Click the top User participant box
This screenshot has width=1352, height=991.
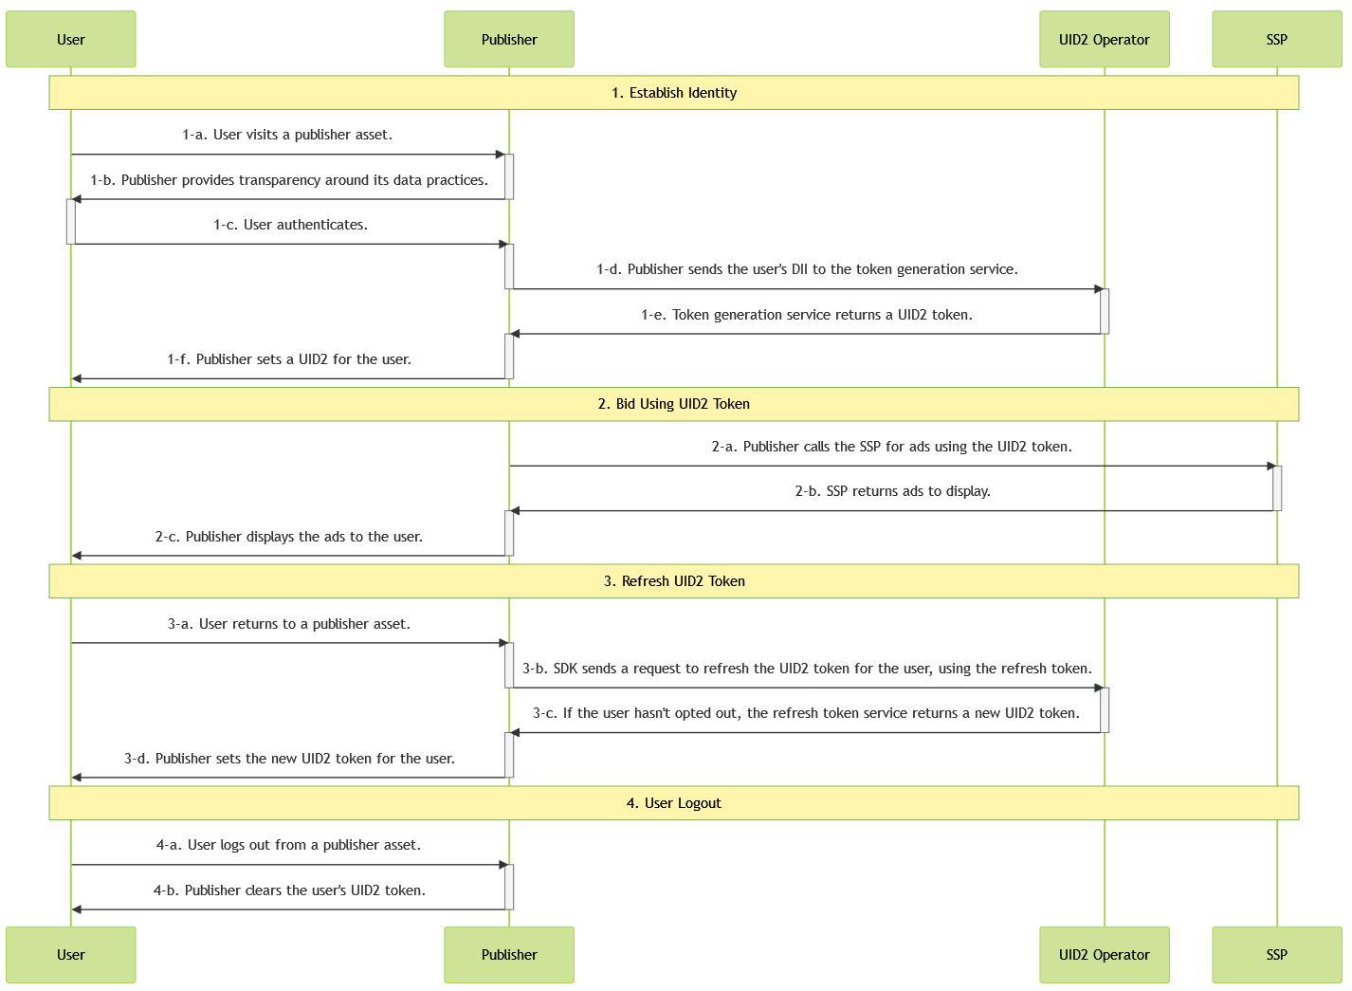[x=71, y=39]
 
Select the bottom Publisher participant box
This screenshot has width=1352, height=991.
[x=509, y=954]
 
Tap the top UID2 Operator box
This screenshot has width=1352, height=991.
[x=1104, y=39]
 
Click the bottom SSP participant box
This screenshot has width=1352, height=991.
[x=1276, y=954]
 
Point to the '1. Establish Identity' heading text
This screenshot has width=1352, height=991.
[x=674, y=93]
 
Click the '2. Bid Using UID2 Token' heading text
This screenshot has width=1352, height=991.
[x=674, y=404]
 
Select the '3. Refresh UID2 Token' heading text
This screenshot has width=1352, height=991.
[x=674, y=581]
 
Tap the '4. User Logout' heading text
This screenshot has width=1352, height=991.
[x=674, y=803]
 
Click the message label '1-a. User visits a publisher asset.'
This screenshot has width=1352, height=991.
[x=287, y=135]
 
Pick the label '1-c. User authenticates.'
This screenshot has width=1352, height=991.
[x=290, y=225]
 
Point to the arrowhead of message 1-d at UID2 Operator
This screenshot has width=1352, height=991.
[x=1099, y=289]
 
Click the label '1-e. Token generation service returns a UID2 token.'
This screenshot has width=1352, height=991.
[x=807, y=315]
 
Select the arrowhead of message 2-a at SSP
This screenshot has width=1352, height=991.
[x=1271, y=467]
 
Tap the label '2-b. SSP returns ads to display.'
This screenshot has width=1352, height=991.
[x=892, y=491]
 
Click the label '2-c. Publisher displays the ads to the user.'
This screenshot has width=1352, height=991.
[x=289, y=537]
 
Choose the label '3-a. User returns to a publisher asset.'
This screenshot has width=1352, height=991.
[x=289, y=624]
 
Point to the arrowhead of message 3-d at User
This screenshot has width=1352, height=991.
[x=78, y=778]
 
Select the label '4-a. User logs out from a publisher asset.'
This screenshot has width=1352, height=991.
[x=289, y=845]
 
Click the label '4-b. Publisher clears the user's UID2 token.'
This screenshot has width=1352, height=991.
[x=289, y=890]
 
